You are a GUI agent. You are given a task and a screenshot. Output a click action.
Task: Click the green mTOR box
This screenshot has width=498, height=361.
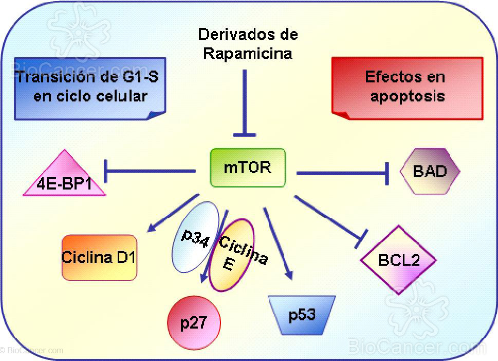248,167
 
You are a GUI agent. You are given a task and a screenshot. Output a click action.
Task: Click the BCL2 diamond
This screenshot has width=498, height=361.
399,260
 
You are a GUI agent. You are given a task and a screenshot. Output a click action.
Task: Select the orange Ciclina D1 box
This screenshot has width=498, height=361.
99,257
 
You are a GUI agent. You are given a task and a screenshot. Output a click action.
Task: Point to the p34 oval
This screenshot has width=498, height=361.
190,237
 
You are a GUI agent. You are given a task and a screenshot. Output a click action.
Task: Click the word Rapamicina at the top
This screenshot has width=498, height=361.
248,54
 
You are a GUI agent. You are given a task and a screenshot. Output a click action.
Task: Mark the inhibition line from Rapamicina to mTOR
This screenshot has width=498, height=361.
244,103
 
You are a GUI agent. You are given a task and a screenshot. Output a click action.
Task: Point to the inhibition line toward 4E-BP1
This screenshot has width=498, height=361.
149,170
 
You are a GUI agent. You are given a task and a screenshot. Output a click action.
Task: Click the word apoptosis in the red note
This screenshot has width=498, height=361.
407,96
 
